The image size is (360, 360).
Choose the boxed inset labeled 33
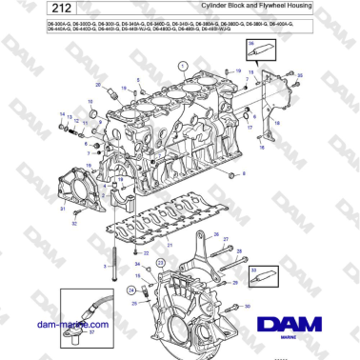tap(263, 276)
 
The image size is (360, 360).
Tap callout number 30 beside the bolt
tap(247, 307)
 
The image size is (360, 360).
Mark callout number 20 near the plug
tap(99, 88)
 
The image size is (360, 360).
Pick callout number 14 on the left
tap(62, 114)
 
